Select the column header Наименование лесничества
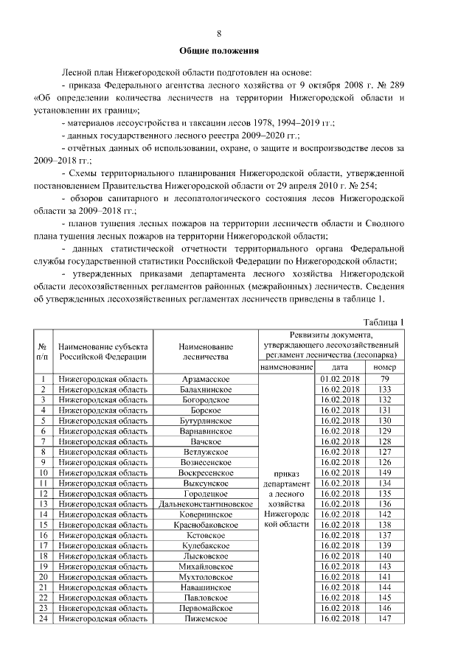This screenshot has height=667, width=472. click(x=206, y=351)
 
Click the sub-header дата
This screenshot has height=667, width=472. click(x=340, y=367)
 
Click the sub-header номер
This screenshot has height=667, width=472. click(x=384, y=367)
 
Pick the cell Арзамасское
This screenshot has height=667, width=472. click(x=206, y=379)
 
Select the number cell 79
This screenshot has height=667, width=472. click(x=384, y=379)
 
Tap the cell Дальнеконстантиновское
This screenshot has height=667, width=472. click(x=206, y=503)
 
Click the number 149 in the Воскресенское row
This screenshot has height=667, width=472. click(x=384, y=472)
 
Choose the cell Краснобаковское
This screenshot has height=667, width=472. click(x=206, y=525)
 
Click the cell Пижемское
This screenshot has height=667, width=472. click(x=206, y=618)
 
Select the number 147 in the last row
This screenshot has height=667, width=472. click(x=384, y=618)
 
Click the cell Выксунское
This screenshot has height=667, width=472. click(x=206, y=483)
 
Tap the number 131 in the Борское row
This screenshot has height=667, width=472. click(x=384, y=410)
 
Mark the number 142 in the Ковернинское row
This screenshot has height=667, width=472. click(x=384, y=514)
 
